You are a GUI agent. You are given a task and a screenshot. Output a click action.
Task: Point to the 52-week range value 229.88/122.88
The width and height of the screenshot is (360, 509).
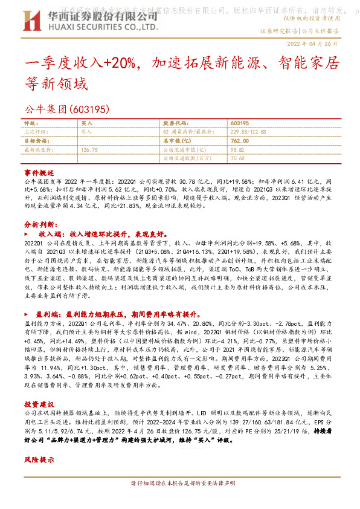pos(248,131)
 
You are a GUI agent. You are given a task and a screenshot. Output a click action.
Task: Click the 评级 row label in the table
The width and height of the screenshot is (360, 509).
pos(31,122)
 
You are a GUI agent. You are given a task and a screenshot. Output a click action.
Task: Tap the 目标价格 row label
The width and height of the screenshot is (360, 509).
pos(34,140)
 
